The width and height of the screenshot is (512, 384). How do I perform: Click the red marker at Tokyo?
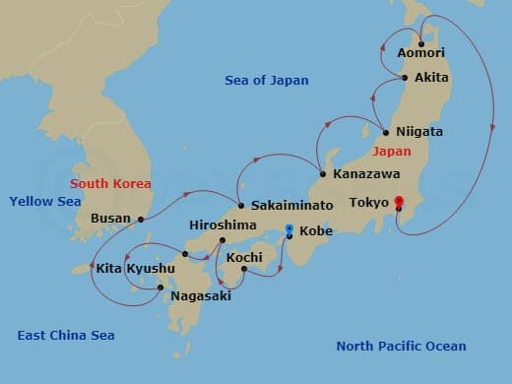[399, 203]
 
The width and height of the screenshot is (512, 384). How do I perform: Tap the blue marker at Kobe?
[288, 231]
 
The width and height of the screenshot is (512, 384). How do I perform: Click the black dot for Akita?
[405, 77]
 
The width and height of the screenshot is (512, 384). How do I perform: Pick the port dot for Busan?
[141, 219]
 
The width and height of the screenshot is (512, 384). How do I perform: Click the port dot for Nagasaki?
[160, 288]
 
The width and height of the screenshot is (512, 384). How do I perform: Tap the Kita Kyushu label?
[136, 268]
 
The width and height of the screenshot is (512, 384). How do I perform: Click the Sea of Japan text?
[267, 81]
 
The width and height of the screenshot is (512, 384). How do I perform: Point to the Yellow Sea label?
[44, 201]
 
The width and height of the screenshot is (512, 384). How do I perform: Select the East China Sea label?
[66, 336]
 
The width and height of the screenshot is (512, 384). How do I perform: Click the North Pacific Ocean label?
[401, 346]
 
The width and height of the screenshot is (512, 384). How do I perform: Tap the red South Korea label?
[109, 183]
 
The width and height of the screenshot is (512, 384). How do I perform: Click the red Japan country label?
[391, 153]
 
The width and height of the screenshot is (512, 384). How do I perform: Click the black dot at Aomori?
[420, 42]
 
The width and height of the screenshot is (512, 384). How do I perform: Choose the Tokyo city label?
[369, 203]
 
